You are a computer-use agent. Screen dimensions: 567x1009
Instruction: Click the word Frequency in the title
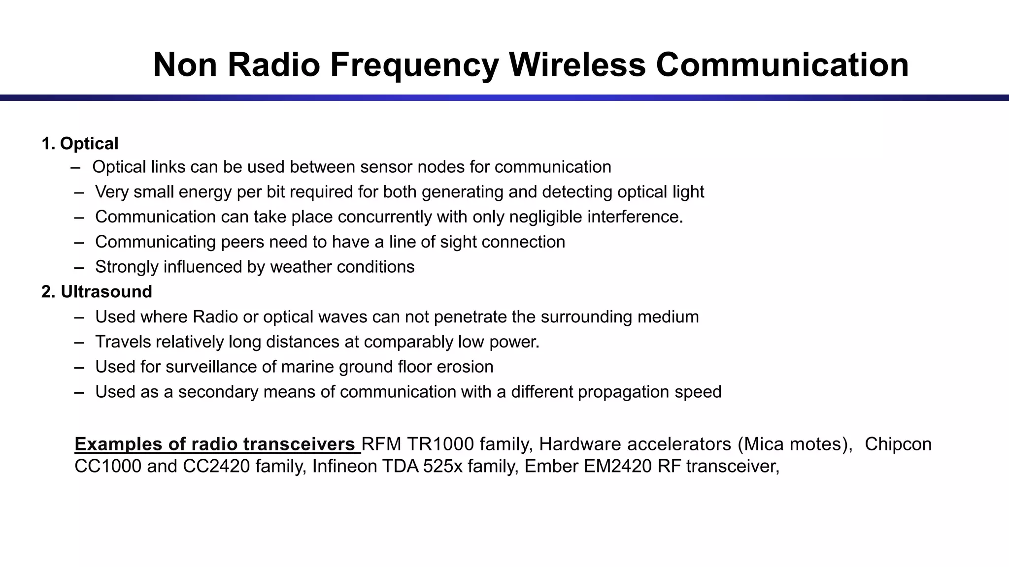(x=415, y=65)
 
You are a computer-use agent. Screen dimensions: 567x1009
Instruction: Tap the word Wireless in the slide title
(x=577, y=65)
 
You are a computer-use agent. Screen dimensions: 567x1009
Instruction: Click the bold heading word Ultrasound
(x=106, y=292)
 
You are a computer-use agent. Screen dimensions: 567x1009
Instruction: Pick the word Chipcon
(x=898, y=444)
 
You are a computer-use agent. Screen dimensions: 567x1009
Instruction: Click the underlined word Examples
(x=118, y=444)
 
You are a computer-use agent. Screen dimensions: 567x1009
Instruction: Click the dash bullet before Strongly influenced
(x=79, y=267)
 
